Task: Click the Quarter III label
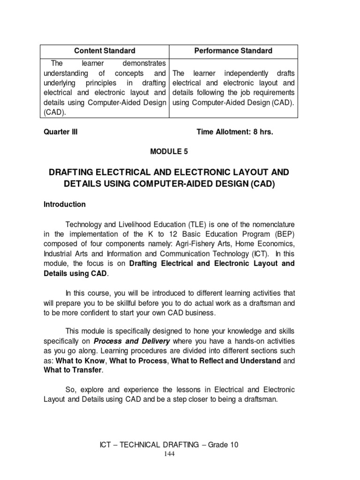click(60, 132)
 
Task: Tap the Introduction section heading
click(65, 204)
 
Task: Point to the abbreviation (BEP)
click(284, 234)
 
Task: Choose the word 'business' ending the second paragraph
click(202, 313)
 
